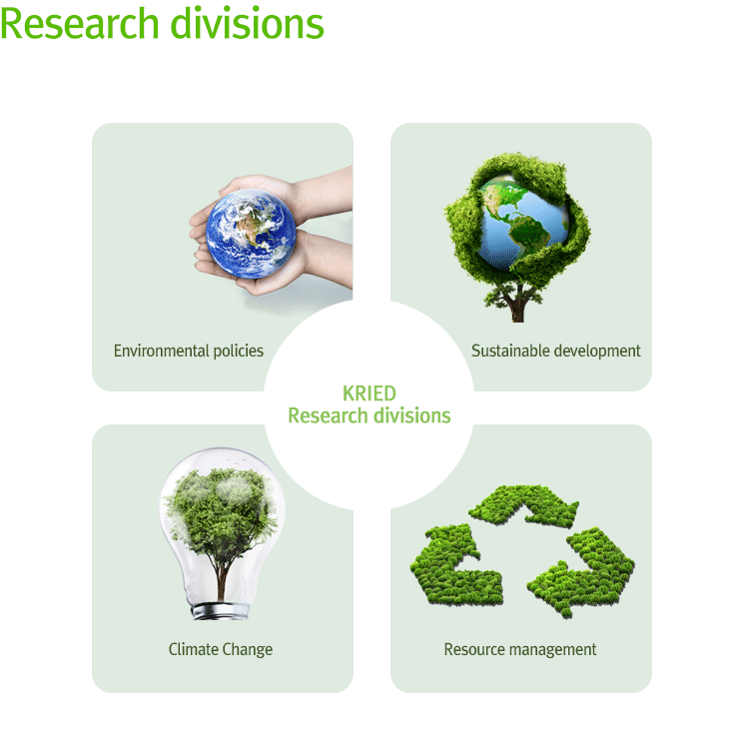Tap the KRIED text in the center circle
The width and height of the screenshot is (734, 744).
click(x=369, y=393)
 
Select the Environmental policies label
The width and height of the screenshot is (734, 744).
click(x=189, y=352)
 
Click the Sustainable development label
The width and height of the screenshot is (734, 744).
click(x=555, y=352)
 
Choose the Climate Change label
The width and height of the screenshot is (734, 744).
click(x=221, y=649)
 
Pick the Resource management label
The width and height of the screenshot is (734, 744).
click(x=520, y=649)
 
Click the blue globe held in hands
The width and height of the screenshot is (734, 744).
click(x=251, y=234)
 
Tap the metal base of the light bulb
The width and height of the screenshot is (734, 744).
click(x=220, y=611)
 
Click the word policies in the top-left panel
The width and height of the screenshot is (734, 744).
click(x=239, y=352)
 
